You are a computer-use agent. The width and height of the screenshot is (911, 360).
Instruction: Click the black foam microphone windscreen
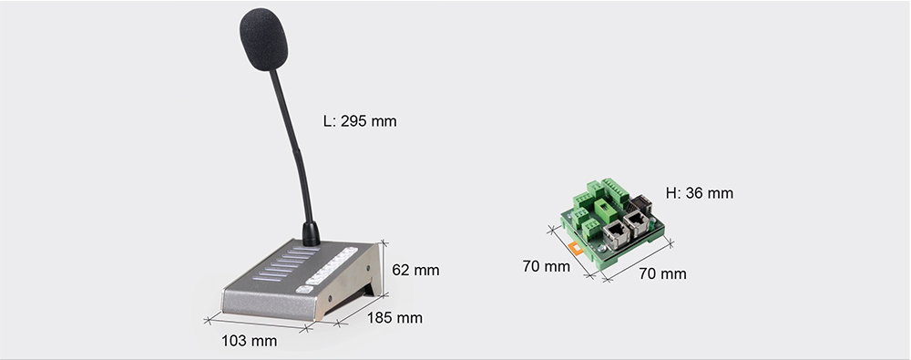pos(263,39)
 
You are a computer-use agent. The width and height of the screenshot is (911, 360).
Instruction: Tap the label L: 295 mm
pos(360,120)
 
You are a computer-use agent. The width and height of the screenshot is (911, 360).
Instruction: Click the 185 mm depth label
pos(394,317)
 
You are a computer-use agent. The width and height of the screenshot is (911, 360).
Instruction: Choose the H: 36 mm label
pos(699,193)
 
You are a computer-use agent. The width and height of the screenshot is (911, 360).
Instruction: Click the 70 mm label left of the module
pos(547,266)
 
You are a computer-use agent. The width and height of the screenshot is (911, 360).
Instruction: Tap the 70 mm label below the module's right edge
pos(662,273)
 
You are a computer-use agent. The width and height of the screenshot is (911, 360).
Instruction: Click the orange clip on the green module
pos(573,244)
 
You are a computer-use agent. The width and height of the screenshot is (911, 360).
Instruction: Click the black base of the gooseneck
pos(310,233)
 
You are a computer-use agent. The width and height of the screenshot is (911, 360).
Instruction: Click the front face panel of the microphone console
pos(264,303)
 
